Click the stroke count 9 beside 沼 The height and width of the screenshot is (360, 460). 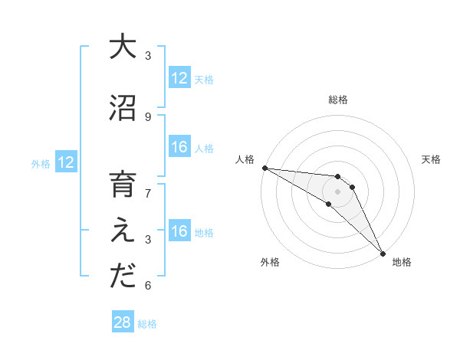coord(148,116)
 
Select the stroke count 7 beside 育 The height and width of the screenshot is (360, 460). coord(148,193)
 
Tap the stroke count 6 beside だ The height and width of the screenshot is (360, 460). coord(148,286)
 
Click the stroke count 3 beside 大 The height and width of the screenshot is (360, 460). coord(148,55)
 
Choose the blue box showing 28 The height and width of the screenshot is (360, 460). coord(123,322)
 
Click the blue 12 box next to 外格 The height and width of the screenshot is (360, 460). coord(66,162)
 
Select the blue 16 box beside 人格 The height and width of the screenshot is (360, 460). coord(179,147)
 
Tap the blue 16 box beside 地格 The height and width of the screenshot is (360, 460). coord(179,231)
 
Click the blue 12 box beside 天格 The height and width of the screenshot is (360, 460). coord(179,78)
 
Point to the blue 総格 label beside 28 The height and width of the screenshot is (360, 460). coord(147,324)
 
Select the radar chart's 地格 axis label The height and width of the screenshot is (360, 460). coord(402,262)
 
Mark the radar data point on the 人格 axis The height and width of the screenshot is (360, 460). coord(264,168)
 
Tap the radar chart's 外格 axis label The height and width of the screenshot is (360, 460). coord(270,262)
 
